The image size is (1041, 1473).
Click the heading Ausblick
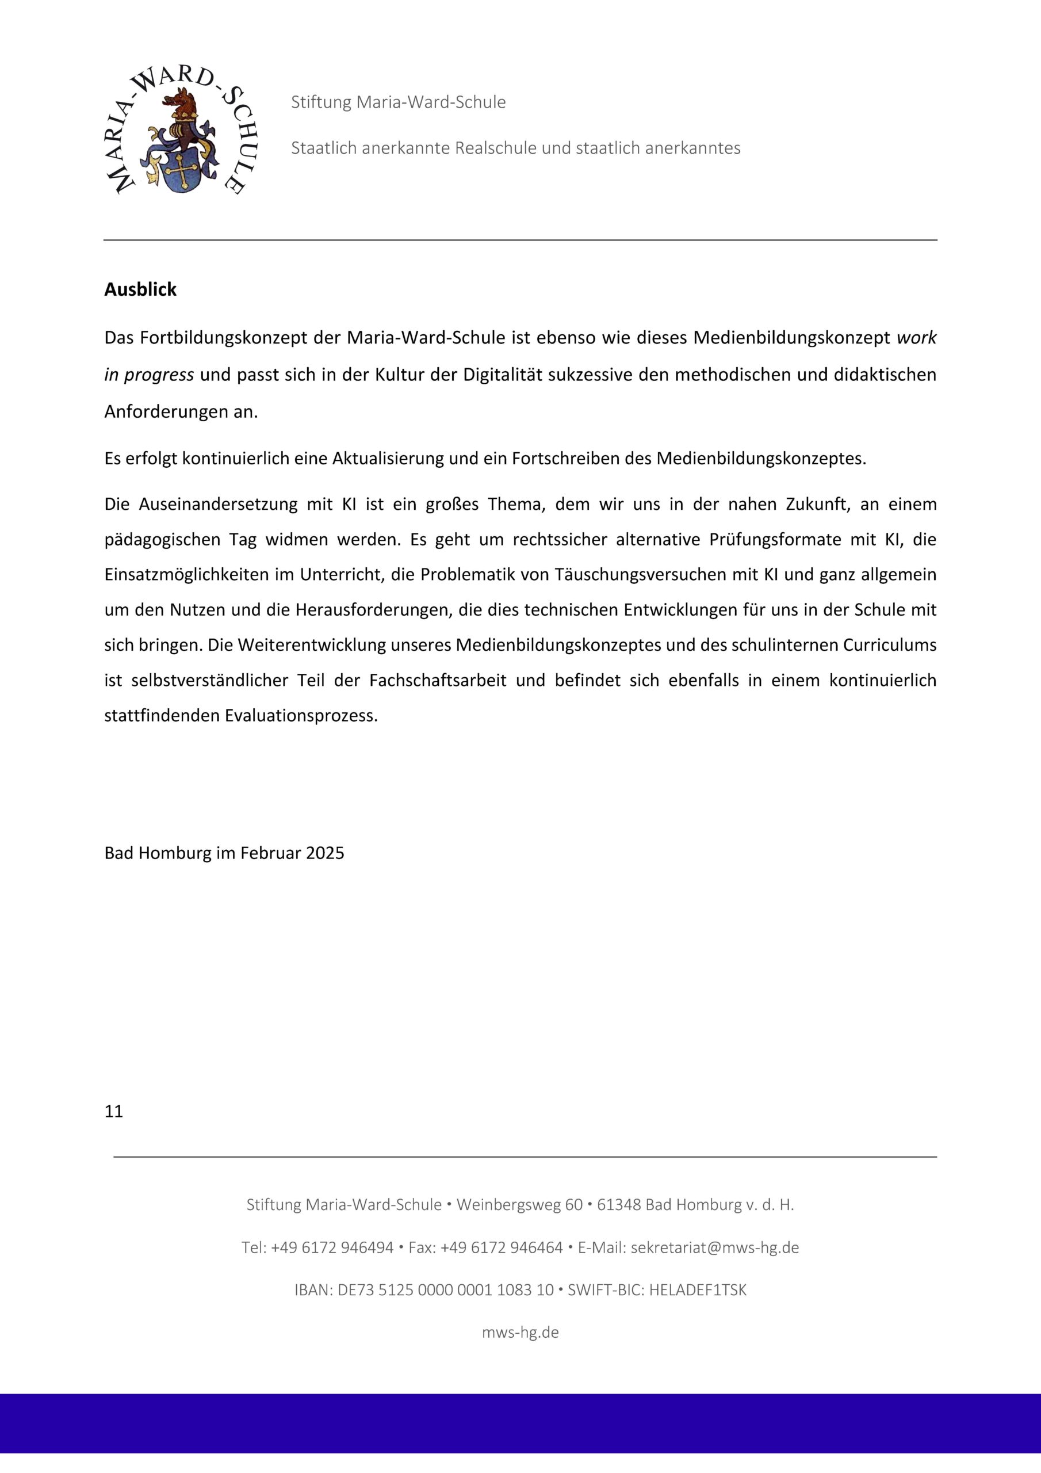click(x=140, y=290)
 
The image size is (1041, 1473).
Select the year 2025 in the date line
click(x=324, y=853)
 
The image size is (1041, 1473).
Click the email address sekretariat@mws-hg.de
click(x=714, y=1248)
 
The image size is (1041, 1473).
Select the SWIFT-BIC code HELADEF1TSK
click(x=698, y=1290)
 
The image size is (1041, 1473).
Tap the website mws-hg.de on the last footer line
click(x=520, y=1333)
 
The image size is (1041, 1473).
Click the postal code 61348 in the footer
click(x=618, y=1205)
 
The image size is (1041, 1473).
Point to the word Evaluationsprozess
click(x=301, y=716)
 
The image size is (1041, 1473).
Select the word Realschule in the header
click(x=496, y=148)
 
